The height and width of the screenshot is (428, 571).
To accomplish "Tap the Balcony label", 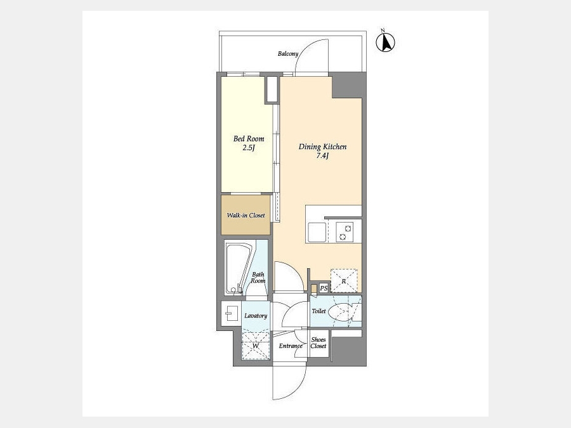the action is (287, 54).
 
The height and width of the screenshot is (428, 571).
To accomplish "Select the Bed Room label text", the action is (249, 139).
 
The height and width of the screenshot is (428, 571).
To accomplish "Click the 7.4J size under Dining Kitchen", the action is (323, 156).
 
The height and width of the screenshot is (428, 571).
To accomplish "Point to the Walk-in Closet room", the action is (246, 215).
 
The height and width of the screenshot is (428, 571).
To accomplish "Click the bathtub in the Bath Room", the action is (238, 269).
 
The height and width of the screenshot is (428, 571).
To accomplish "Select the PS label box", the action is (324, 289).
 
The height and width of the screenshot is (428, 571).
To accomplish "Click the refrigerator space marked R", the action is (344, 281).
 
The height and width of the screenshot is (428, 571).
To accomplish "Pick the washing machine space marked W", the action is (256, 345).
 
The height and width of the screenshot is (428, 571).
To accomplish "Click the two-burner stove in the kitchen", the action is (345, 232).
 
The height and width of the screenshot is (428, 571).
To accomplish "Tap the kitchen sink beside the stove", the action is (317, 232).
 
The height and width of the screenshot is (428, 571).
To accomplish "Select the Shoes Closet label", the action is (318, 343).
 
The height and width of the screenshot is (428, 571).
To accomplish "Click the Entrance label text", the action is (291, 346).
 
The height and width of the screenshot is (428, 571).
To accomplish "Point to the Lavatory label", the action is (256, 316).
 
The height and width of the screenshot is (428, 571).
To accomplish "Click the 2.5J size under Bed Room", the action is (248, 148).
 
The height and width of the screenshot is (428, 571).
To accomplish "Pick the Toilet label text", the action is (318, 311).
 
